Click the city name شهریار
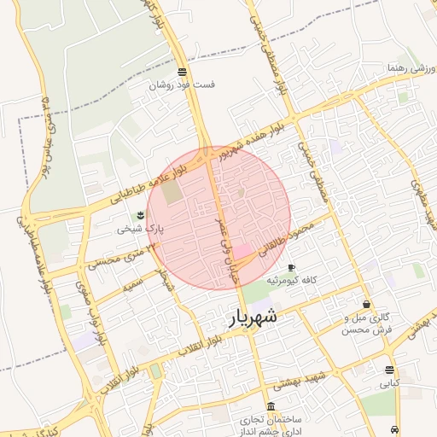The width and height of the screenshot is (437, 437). click(254, 318)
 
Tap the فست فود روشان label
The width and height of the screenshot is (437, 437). click(183, 85)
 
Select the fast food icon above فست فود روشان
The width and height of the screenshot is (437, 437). click(181, 72)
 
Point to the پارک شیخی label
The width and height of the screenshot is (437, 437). click(139, 229)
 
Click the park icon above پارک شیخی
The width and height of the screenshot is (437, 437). click(141, 215)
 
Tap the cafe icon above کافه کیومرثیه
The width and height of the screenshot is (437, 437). click(291, 267)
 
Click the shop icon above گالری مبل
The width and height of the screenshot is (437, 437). click(366, 304)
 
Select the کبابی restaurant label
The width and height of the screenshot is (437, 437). click(388, 384)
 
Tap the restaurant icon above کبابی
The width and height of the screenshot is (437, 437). click(389, 370)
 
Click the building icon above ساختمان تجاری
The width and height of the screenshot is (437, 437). click(271, 405)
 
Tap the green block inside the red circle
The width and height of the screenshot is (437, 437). click(172, 193)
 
